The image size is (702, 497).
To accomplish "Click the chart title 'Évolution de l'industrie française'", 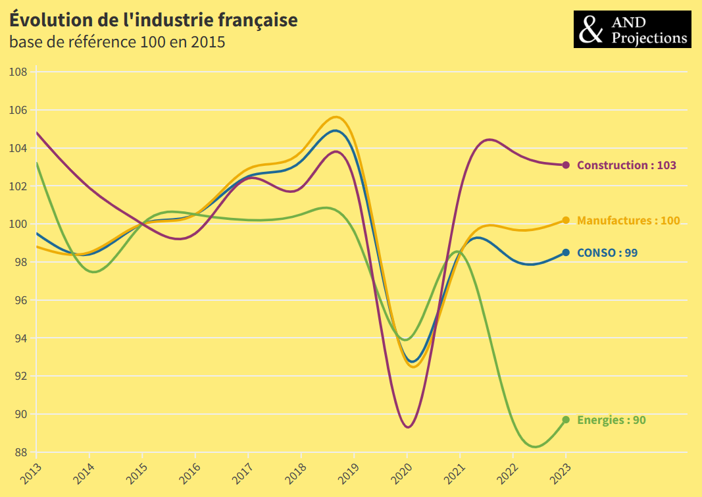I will (x=153, y=20).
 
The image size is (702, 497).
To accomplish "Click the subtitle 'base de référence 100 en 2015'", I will (x=117, y=43).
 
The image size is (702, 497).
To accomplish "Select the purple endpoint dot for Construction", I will (x=566, y=165).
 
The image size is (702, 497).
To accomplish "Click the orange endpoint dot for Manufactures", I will (x=566, y=221).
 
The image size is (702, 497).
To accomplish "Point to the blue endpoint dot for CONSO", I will (x=566, y=253).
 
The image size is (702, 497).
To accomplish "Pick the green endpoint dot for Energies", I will (x=566, y=420).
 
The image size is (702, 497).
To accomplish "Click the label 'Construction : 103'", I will (x=626, y=165).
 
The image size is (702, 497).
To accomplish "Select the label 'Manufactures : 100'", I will (x=628, y=221).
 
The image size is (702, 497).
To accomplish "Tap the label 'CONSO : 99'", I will (x=607, y=253).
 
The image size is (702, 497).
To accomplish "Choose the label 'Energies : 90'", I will (x=611, y=420).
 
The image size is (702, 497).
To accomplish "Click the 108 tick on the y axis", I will (x=18, y=72).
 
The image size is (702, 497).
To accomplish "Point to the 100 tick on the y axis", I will (x=18, y=224).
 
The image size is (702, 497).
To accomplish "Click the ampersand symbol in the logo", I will (x=591, y=30).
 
